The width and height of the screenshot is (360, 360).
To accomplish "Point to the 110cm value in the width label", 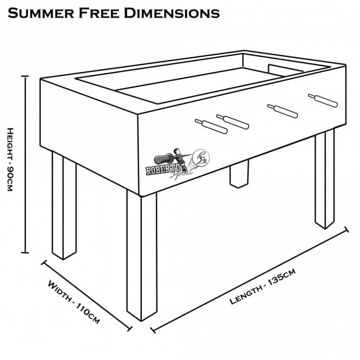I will coord(87,311).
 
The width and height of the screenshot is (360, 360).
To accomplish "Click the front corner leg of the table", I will coord(142,254).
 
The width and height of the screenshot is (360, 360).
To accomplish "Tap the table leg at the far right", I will coord(325,179).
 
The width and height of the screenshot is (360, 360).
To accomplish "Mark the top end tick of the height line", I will coord(24,76).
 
